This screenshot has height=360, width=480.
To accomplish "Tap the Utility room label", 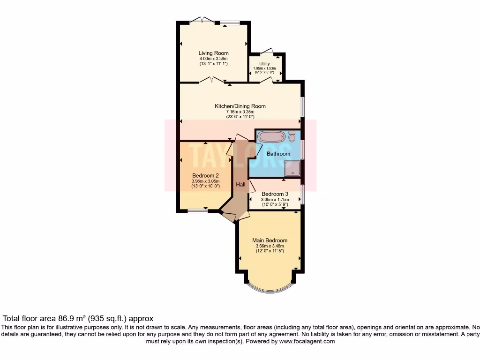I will tap(264, 64).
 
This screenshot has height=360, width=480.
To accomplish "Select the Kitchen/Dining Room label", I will tap(240, 106).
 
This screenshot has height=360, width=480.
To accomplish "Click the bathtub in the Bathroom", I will tap(271, 137).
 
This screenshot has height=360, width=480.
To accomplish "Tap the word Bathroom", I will tap(278, 154).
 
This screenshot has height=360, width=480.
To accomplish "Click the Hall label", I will tap(240, 185).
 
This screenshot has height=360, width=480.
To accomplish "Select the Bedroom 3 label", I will tap(275, 194).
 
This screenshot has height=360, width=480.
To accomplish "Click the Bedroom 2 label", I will tap(205, 176).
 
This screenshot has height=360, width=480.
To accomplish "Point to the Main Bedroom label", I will tap(270, 240).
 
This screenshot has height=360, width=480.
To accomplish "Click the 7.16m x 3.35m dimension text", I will tap(240, 112).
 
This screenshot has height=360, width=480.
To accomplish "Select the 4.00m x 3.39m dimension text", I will tap(213, 59).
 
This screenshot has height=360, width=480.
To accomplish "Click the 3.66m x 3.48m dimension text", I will tap(270, 246).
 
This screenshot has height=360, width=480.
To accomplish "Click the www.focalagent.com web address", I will tap(307, 342).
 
